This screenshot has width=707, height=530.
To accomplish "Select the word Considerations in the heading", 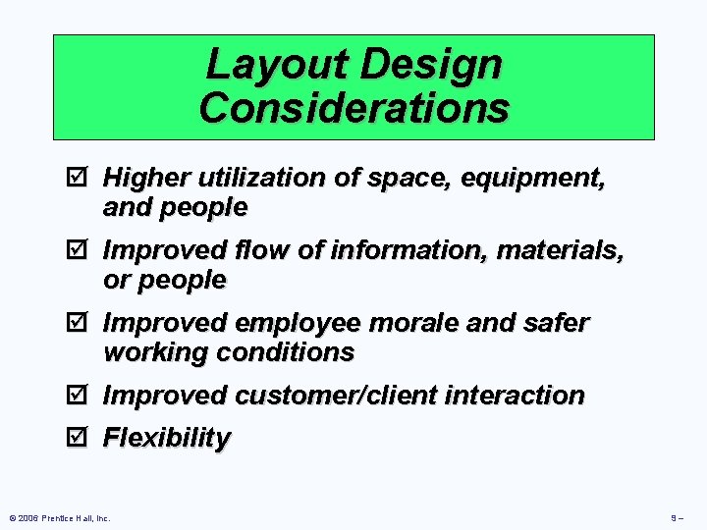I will point(353,107).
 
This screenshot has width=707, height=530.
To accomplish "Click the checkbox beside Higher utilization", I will point(82,178).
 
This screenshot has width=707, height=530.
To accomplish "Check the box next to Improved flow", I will point(82,250).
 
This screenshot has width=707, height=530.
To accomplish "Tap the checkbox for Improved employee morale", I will point(82,323).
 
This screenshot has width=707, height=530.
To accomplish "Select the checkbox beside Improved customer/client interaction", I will point(82,396).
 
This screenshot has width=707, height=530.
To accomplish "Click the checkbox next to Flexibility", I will point(82,438).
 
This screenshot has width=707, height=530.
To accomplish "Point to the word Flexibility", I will point(167,438).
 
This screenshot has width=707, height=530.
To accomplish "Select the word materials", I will point(560,251).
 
